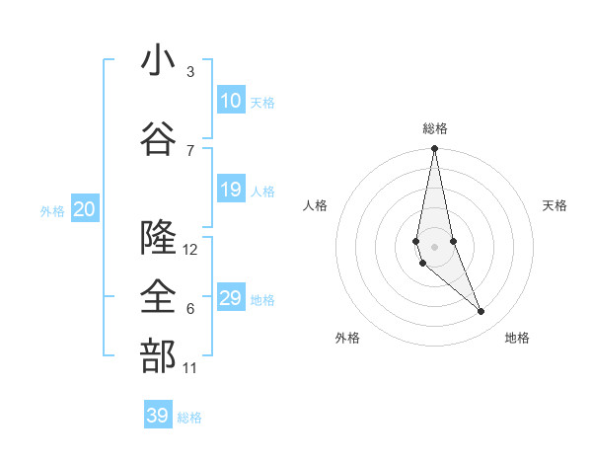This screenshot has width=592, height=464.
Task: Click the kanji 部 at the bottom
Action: click(159, 358)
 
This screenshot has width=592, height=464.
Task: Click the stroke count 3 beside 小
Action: click(189, 72)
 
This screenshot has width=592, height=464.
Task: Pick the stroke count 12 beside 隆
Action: click(190, 250)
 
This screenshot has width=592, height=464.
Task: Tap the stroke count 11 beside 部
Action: click(190, 368)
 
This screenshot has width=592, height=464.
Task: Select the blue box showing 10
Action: click(230, 101)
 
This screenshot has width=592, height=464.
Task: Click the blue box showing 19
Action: click(230, 190)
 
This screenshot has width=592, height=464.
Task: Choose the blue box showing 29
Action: click(230, 298)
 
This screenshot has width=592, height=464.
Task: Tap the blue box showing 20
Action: click(84, 209)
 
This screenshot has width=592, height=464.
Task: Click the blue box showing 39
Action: click(157, 416)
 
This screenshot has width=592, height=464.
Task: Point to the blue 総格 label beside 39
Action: click(189, 418)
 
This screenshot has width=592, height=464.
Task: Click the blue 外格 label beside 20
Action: click(52, 210)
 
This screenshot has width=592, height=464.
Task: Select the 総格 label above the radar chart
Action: click(434, 128)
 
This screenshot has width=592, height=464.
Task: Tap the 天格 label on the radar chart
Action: click(555, 205)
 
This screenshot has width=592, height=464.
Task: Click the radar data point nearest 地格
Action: click(481, 312)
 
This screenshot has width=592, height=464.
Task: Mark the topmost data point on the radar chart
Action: click(434, 149)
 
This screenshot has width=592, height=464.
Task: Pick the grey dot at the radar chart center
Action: click(434, 245)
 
